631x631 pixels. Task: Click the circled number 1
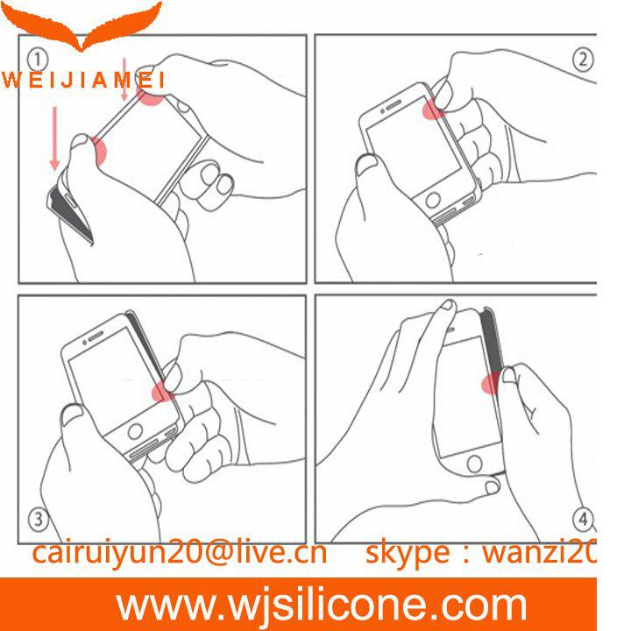pos(38,60)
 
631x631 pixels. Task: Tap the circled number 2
pos(582,60)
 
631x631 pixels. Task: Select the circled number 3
pos(39,519)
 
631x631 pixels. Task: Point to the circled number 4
pos(583,519)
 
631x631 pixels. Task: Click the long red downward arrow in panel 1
pos(54,138)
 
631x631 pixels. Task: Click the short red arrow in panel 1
pos(124,79)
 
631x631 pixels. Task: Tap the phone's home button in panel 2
pos(433,200)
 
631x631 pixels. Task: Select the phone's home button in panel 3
pos(135,431)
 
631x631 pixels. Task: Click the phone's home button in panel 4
pos(474,464)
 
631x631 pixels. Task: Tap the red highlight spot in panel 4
pos(491,383)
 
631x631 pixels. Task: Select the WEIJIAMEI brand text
pos(83,80)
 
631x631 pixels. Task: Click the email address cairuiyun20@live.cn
pos(179,553)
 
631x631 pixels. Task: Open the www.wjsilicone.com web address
pos(322,605)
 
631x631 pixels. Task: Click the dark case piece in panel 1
pos(69,213)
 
